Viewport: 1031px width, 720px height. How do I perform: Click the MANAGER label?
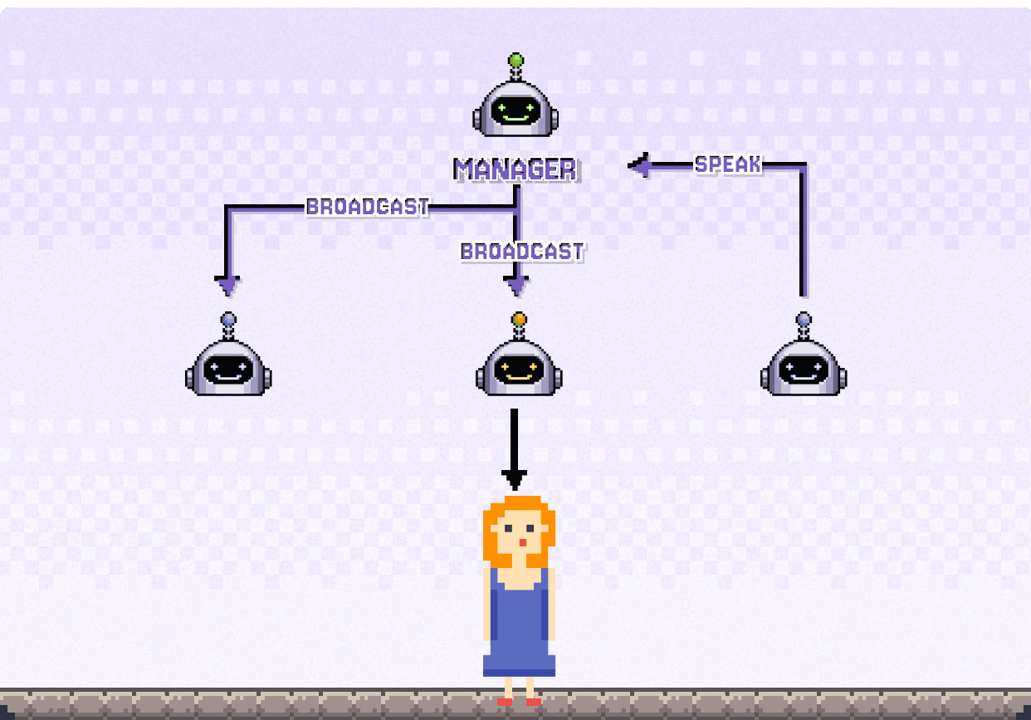click(516, 169)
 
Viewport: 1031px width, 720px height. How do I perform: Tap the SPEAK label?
click(728, 164)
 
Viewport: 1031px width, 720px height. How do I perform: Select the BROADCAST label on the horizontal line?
click(367, 206)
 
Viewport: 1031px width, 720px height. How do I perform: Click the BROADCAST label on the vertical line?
click(522, 252)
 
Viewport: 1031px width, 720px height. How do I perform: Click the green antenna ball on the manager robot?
click(516, 60)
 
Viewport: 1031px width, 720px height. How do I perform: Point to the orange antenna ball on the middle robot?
click(519, 319)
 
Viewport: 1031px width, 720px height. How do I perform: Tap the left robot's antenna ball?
click(228, 319)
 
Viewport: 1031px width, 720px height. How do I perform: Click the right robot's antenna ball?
click(804, 319)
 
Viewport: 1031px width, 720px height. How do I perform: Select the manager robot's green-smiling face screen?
click(515, 111)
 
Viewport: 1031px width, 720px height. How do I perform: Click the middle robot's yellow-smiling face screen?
click(519, 370)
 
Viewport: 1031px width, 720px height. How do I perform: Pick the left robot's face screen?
click(228, 370)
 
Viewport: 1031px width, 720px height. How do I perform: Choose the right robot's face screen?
click(804, 370)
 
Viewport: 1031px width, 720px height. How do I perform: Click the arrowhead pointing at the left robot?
click(227, 286)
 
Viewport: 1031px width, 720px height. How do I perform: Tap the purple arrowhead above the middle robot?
click(516, 286)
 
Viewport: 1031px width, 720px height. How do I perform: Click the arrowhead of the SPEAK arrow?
click(640, 164)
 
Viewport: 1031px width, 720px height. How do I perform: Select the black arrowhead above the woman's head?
click(514, 480)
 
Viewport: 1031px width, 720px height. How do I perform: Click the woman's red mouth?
click(522, 543)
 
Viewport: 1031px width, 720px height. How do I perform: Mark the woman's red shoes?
click(519, 702)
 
